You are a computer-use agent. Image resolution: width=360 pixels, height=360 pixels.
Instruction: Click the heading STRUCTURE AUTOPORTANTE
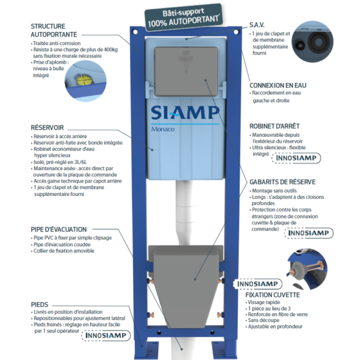click(54, 30)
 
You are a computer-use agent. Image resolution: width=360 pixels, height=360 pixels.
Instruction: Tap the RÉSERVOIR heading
click(47, 128)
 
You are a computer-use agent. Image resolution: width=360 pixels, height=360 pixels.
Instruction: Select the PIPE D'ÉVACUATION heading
click(59, 229)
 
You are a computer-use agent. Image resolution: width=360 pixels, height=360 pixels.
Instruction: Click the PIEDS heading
click(40, 304)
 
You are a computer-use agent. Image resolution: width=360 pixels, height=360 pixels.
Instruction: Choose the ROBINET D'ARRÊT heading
click(274, 126)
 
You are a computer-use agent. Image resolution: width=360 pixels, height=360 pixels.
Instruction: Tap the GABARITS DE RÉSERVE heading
click(282, 182)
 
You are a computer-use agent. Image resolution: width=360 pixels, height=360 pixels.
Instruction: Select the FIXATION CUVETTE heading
click(272, 295)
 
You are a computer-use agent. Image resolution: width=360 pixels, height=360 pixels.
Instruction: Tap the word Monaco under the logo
click(162, 129)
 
